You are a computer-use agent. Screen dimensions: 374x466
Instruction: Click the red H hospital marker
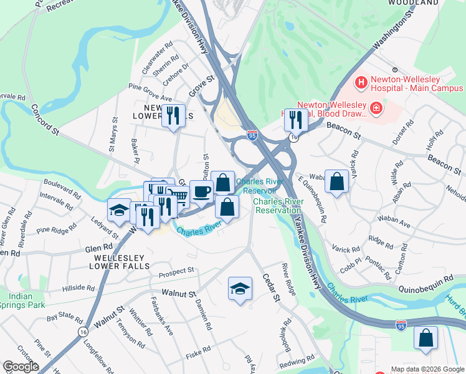pyautogui.click(x=361, y=82)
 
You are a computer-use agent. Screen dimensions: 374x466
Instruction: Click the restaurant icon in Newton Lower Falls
pyautogui.click(x=173, y=115)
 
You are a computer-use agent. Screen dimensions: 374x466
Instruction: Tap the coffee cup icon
pyautogui.click(x=201, y=191)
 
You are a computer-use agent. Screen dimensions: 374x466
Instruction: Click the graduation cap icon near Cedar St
pyautogui.click(x=240, y=288)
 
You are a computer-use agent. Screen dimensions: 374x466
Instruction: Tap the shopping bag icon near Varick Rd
pyautogui.click(x=336, y=181)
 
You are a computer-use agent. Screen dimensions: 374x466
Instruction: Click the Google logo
pyautogui.click(x=21, y=367)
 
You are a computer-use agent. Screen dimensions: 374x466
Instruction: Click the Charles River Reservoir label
pyautogui.click(x=256, y=186)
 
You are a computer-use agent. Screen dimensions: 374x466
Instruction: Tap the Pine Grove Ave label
pyautogui.click(x=150, y=92)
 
